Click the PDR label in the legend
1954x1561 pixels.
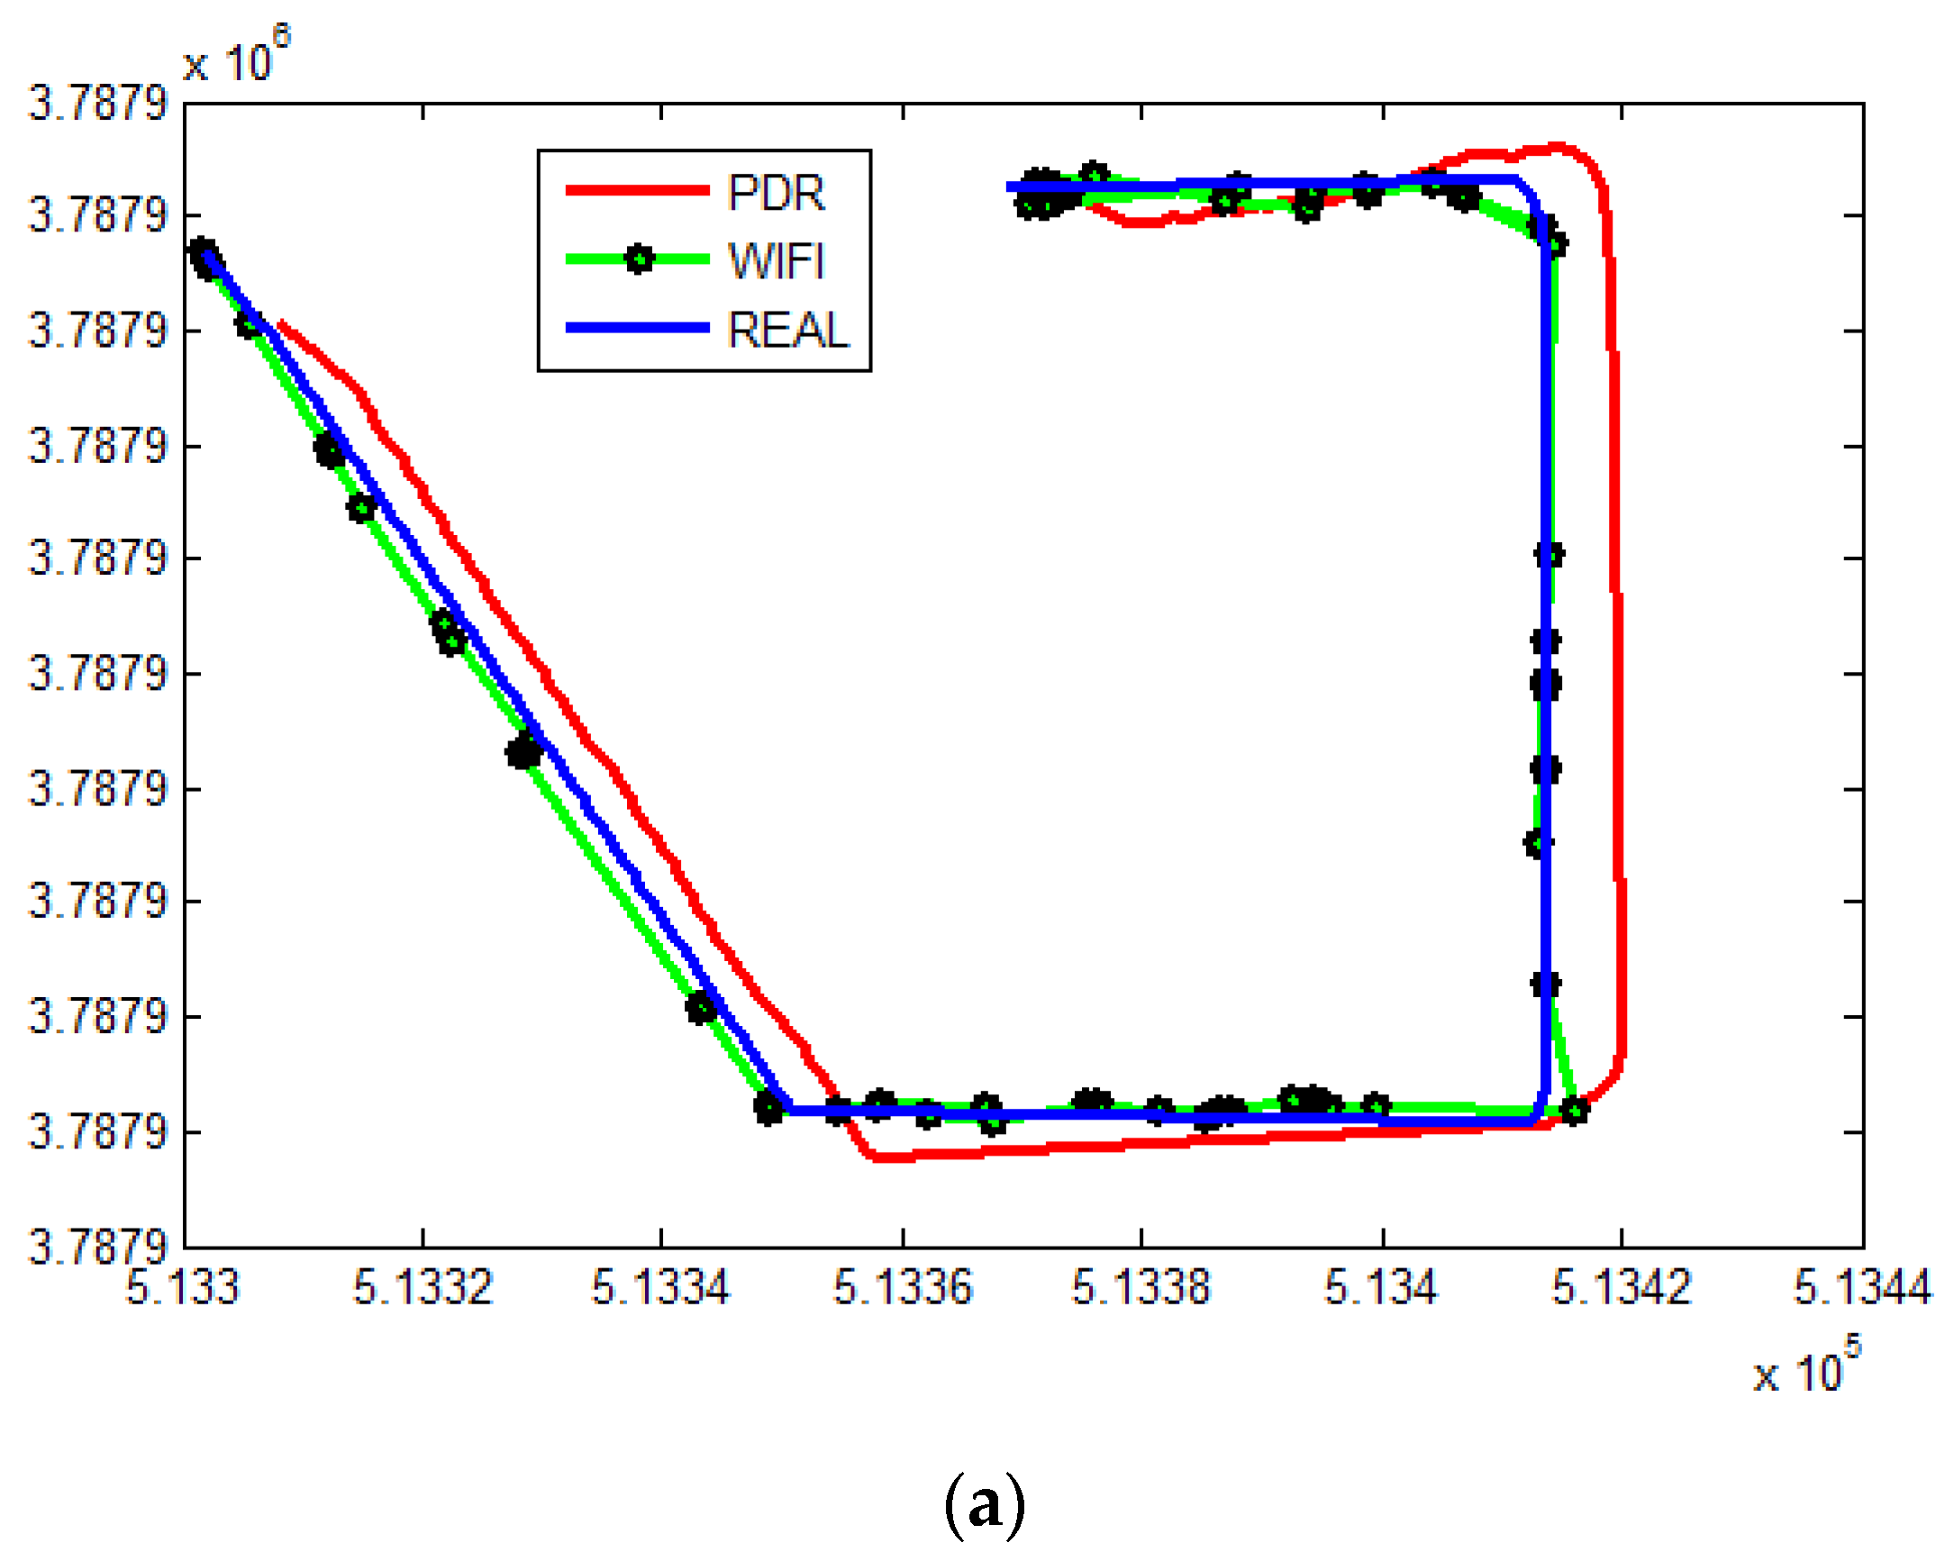click(x=776, y=193)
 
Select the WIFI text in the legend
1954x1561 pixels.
click(x=776, y=262)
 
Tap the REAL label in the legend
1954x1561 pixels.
click(x=787, y=330)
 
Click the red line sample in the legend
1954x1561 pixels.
click(x=637, y=190)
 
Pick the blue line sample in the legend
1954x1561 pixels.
click(x=637, y=328)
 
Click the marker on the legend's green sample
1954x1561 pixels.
click(x=639, y=260)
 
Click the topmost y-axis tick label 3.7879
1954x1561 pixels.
click(x=98, y=104)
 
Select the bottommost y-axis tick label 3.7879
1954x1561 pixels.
click(x=98, y=1247)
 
